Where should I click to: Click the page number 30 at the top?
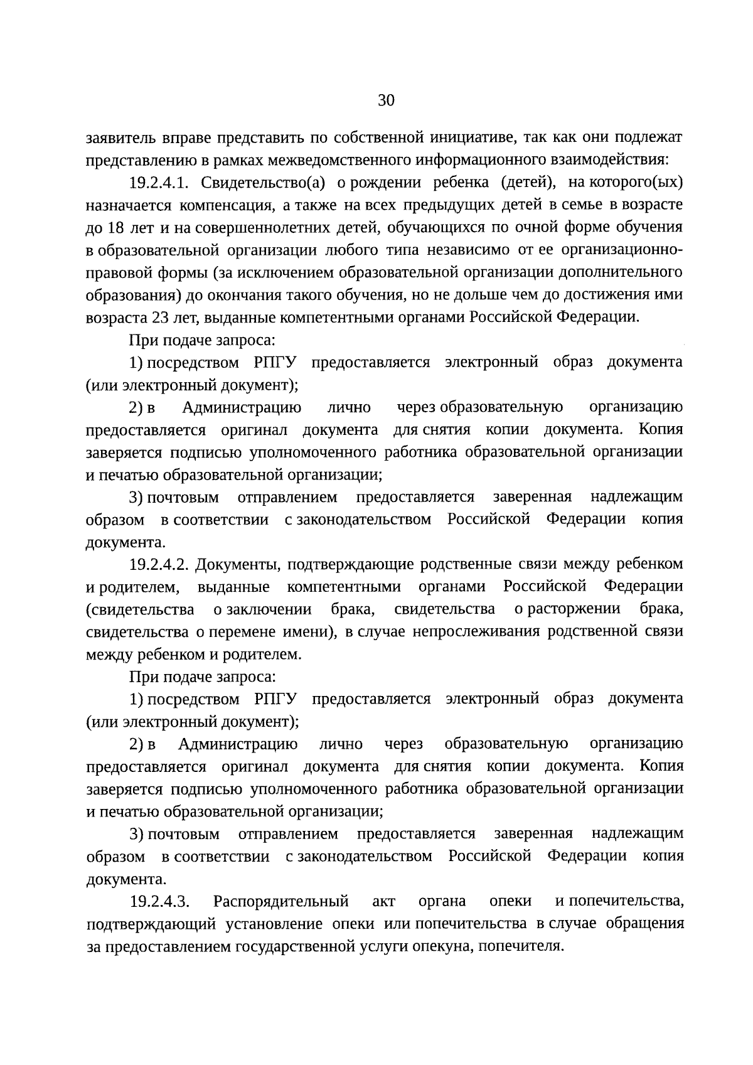tap(386, 100)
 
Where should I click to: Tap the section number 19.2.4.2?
tap(159, 565)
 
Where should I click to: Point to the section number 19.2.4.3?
tap(159, 902)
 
